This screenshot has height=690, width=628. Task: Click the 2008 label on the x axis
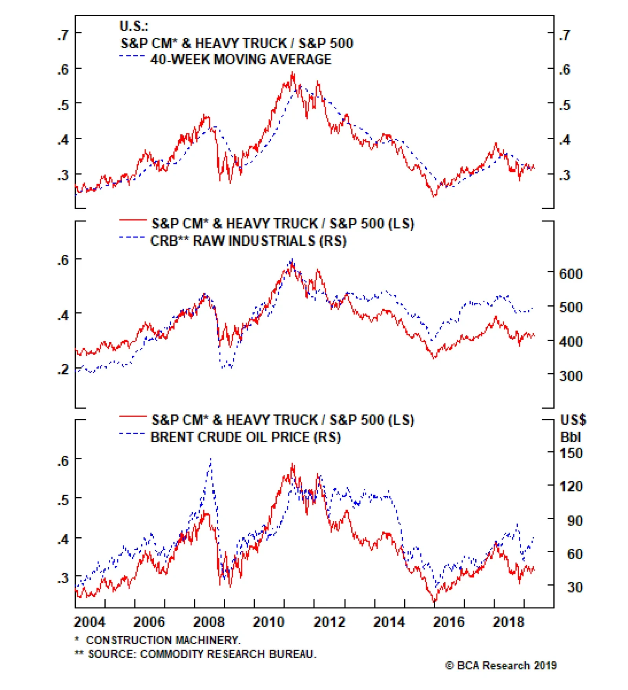point(209,622)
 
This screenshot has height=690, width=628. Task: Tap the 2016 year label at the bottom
point(449,622)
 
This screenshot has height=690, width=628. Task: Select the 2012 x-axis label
point(329,622)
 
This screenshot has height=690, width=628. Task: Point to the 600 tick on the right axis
point(571,274)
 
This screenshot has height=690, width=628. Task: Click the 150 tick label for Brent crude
point(571,453)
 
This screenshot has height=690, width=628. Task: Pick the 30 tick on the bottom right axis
point(575,588)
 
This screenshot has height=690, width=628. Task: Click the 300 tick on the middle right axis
point(571,376)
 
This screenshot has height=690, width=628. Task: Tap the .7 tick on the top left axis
point(63,35)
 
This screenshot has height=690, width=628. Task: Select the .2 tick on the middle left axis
point(63,369)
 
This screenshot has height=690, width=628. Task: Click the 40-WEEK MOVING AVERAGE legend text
point(241,59)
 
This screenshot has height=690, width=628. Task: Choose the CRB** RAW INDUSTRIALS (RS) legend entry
point(248,241)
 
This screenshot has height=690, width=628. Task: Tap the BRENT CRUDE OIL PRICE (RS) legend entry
point(245,437)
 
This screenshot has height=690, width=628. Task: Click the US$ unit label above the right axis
point(573,420)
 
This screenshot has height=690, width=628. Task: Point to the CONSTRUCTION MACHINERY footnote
point(163,640)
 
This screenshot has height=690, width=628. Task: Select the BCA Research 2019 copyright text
point(501,666)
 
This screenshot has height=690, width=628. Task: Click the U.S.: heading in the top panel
point(133,26)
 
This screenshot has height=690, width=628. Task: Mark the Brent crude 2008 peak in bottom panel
point(211,458)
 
